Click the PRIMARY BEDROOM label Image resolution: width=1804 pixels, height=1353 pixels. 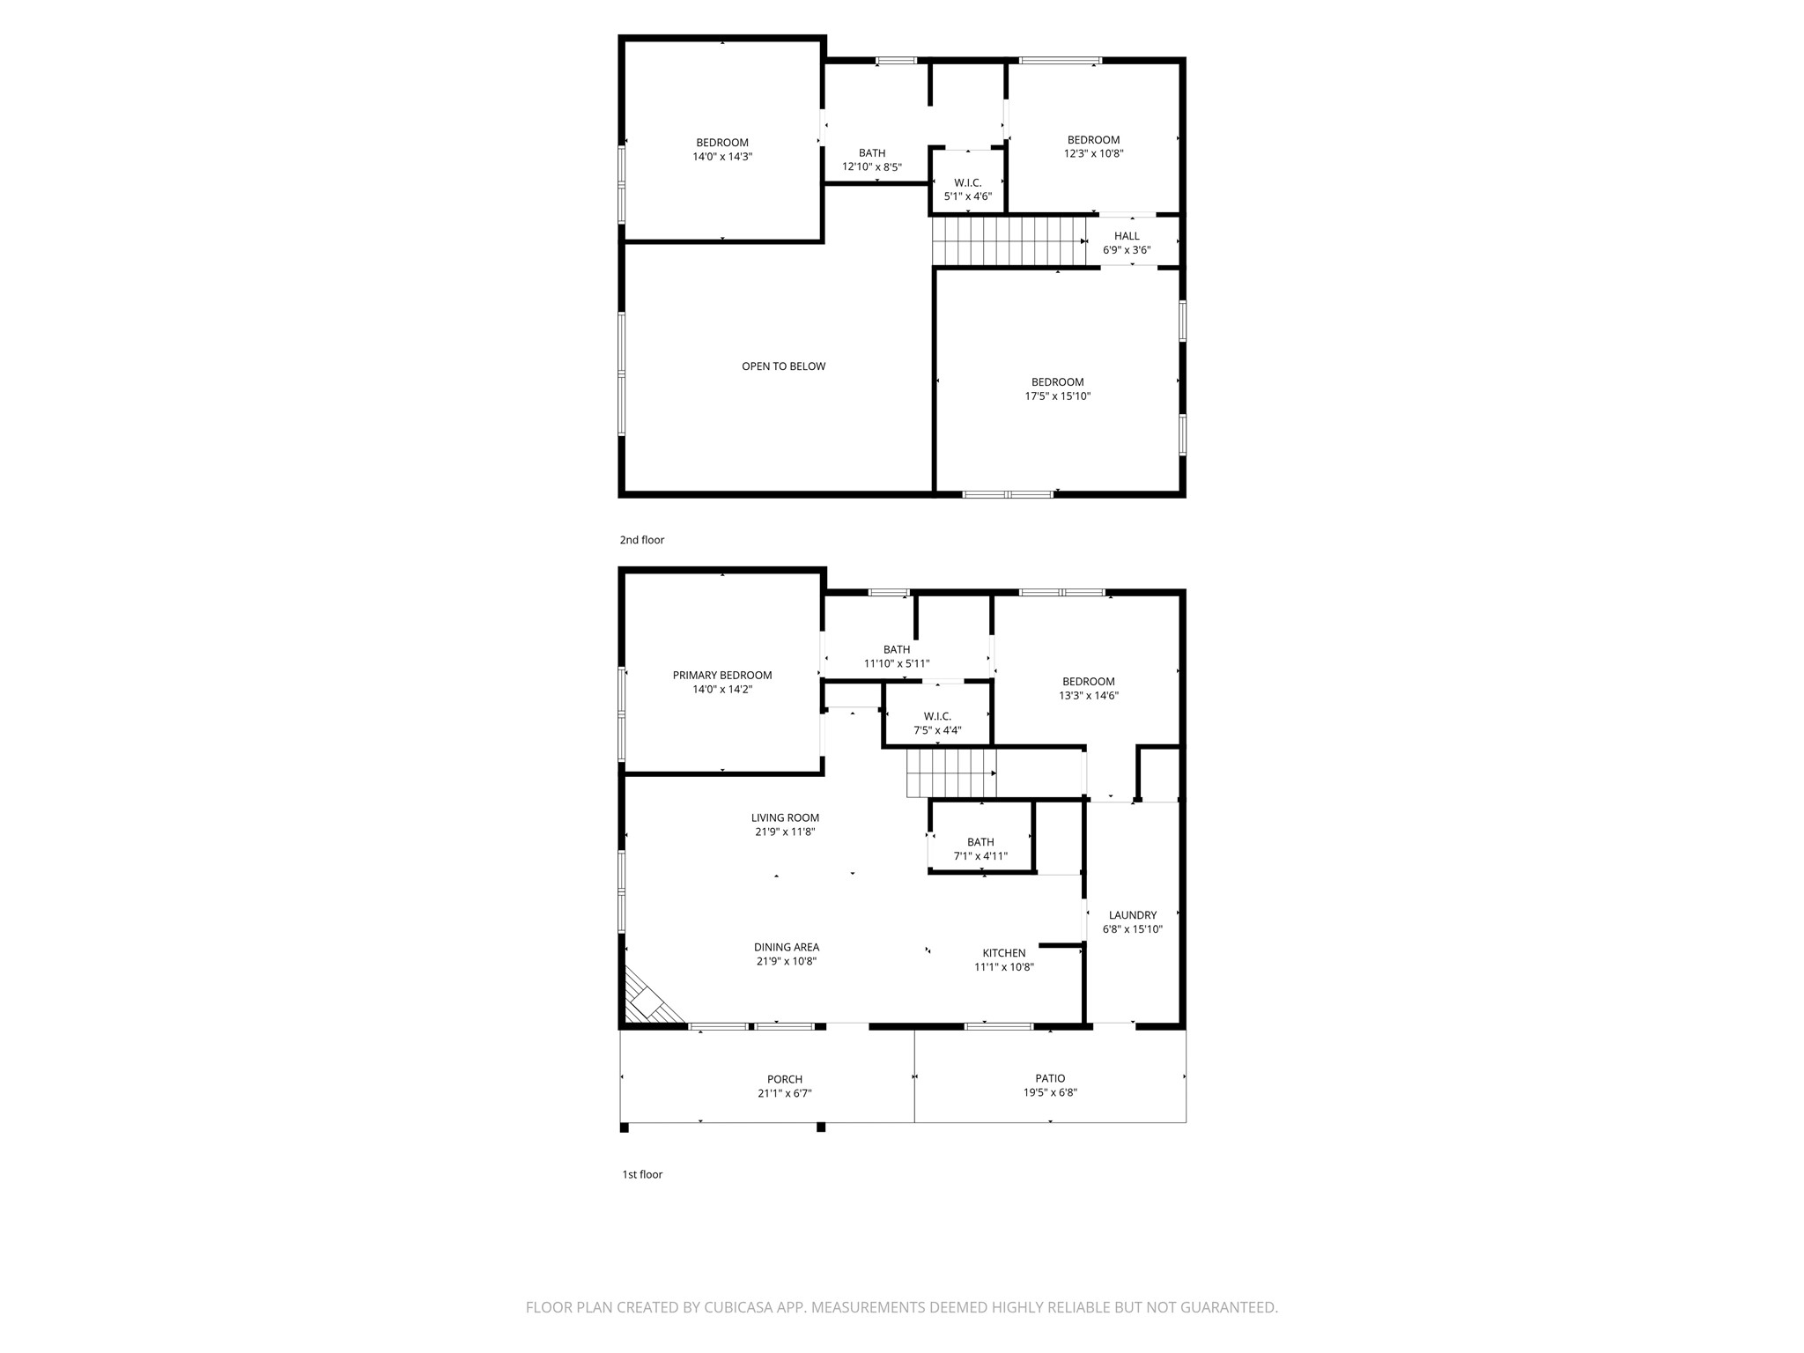point(722,676)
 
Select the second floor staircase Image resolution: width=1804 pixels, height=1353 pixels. point(1009,241)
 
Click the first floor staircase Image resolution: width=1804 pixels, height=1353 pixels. point(950,773)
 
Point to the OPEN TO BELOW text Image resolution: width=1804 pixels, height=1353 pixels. point(783,366)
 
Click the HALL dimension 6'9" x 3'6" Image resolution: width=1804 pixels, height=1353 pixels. point(1127,250)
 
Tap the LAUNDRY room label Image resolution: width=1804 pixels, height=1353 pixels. point(1132,915)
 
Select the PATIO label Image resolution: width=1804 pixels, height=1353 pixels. point(1050,1078)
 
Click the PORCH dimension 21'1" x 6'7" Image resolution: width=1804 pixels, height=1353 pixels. point(784,1093)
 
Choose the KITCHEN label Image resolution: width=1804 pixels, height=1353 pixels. point(1004,953)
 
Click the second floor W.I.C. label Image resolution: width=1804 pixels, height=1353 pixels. point(967,183)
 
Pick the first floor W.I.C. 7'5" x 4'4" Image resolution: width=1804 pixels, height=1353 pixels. point(937,729)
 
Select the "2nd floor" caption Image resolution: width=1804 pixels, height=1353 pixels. point(641,540)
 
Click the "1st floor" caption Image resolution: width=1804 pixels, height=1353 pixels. point(642,1174)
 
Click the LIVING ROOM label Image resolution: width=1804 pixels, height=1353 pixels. point(785,817)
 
